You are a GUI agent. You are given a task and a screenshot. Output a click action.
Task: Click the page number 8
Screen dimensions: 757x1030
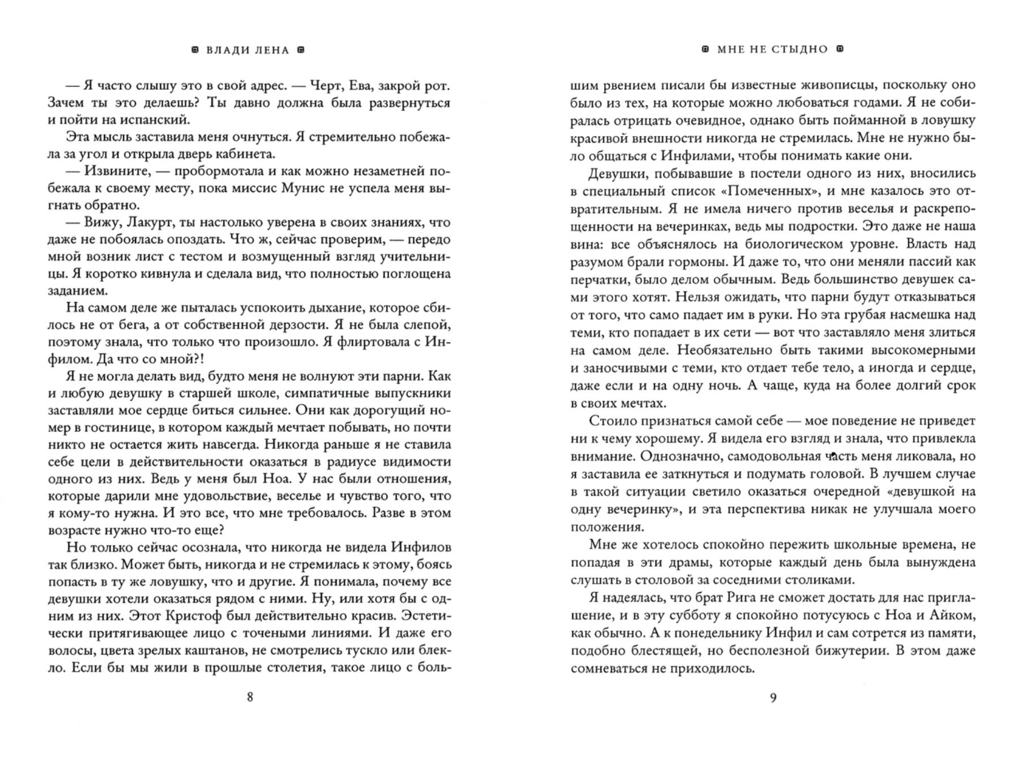[x=250, y=697]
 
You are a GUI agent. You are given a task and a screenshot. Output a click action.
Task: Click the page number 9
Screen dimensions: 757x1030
[x=773, y=697]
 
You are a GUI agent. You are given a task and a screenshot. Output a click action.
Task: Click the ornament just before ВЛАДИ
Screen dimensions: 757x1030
[x=195, y=50]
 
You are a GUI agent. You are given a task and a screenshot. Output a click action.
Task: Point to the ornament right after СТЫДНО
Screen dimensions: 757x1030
[x=839, y=49]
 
